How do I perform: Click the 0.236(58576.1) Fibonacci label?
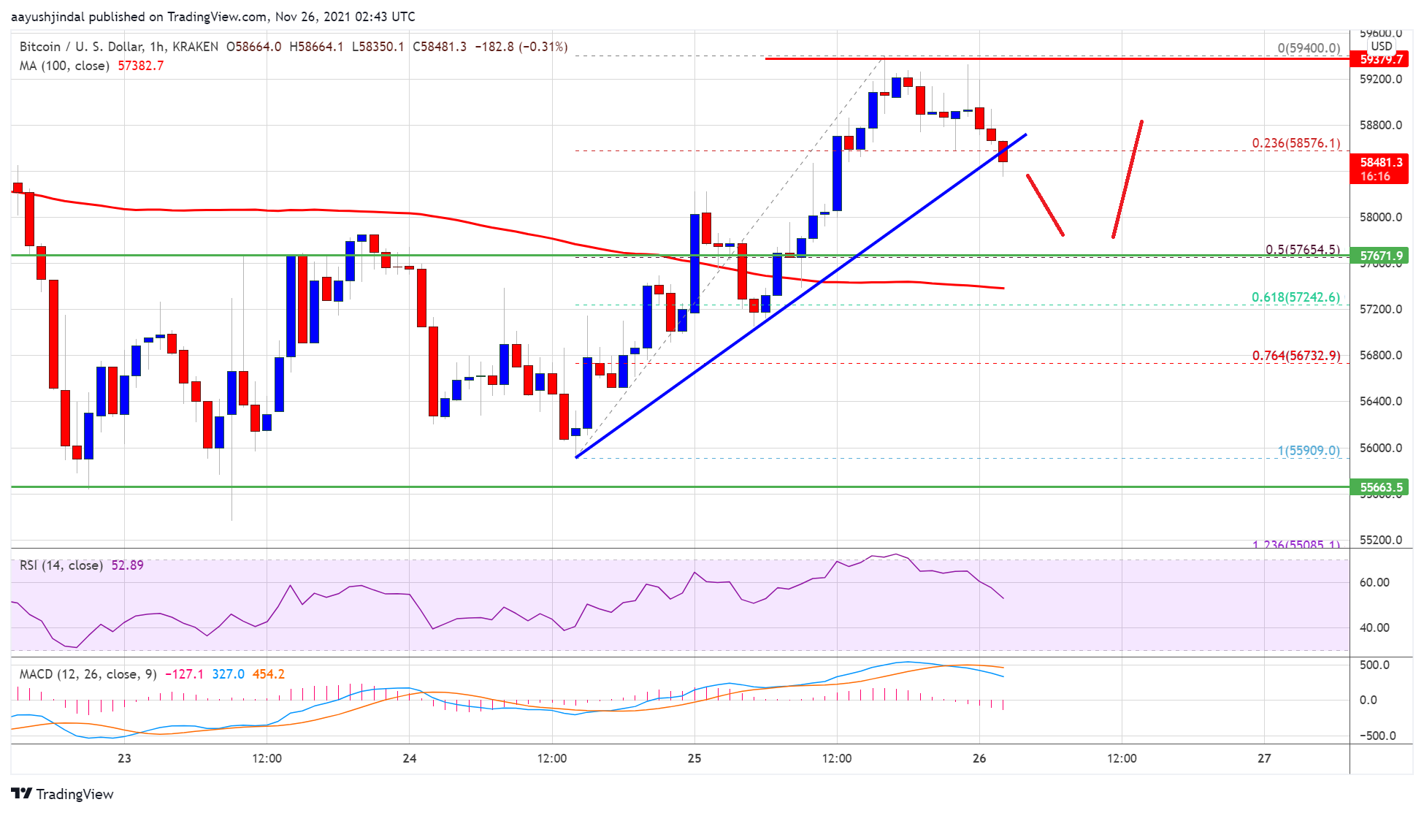(1295, 143)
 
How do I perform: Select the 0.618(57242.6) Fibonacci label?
(1295, 297)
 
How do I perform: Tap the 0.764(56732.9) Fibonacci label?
(1295, 356)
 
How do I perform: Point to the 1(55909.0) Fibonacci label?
(1308, 451)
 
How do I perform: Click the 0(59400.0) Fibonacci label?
(1308, 48)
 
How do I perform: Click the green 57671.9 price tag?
(1380, 256)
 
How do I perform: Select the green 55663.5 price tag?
(1380, 487)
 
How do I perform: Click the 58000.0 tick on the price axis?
(1380, 217)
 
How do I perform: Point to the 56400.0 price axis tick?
(1380, 401)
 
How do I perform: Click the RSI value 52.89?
(127, 565)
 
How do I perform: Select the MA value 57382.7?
(140, 66)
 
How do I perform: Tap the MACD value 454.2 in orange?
(268, 674)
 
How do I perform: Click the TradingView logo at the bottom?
(63, 794)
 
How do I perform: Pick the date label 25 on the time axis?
(694, 758)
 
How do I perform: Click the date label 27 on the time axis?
(1263, 758)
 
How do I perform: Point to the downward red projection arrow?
(1045, 205)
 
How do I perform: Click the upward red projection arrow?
(1128, 179)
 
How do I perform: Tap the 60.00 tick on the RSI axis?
(1374, 582)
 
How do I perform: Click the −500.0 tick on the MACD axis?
(1376, 736)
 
